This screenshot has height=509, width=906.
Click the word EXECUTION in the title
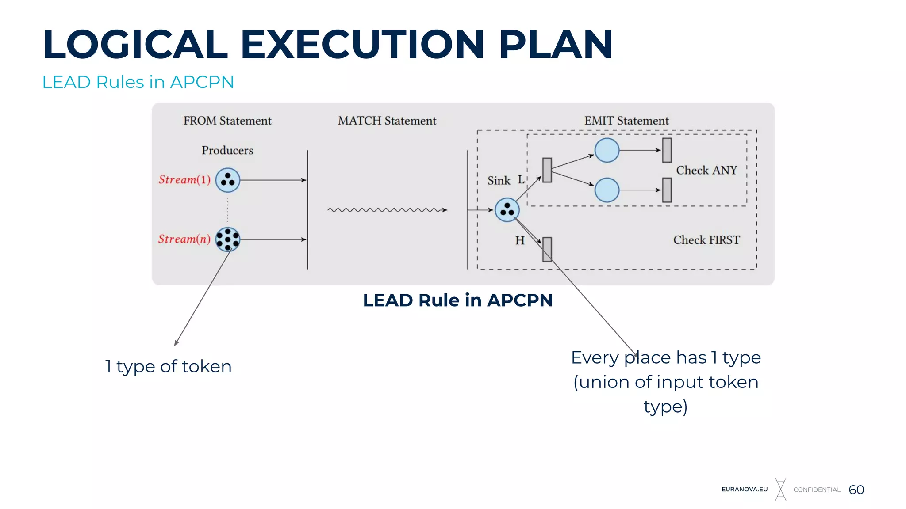coord(362,44)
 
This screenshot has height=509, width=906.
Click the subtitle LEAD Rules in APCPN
coord(138,82)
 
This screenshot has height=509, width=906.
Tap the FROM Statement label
coord(227,121)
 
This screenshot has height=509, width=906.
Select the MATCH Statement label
coord(387,121)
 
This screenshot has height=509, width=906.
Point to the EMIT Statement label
coord(626,121)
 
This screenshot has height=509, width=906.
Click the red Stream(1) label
coord(184,180)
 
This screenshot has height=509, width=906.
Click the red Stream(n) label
coord(184,239)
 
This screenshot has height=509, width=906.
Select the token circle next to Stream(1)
coord(228,180)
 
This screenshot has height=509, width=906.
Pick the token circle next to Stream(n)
coord(228,239)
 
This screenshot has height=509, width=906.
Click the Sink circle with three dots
coord(507,209)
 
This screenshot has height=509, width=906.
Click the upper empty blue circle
coord(607,150)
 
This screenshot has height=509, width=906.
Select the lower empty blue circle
coord(607,190)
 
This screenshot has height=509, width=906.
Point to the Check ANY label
coord(706,170)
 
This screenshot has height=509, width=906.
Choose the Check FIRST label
coord(706,240)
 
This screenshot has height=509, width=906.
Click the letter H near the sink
coord(520,241)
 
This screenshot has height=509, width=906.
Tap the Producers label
coord(227,150)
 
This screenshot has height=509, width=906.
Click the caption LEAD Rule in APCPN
coord(458,300)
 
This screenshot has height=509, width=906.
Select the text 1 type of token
coord(168,366)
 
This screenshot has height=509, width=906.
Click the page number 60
coord(856,490)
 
